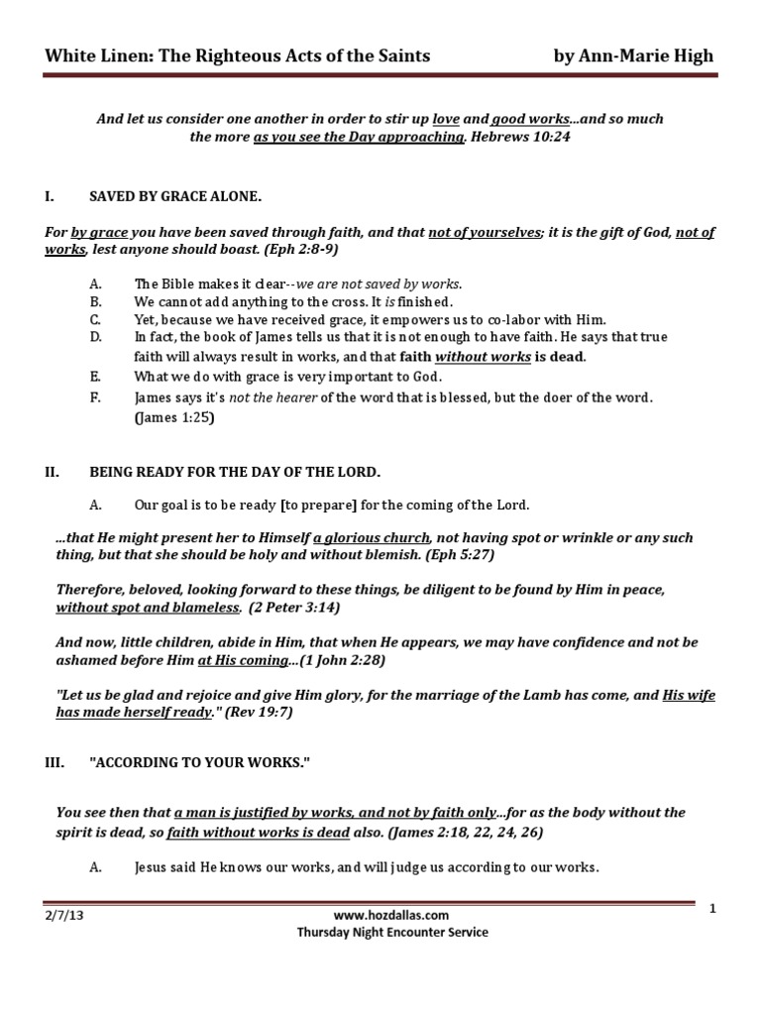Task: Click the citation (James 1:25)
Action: pos(173,417)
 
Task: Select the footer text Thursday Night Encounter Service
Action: pos(392,932)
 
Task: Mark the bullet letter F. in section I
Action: pos(95,397)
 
